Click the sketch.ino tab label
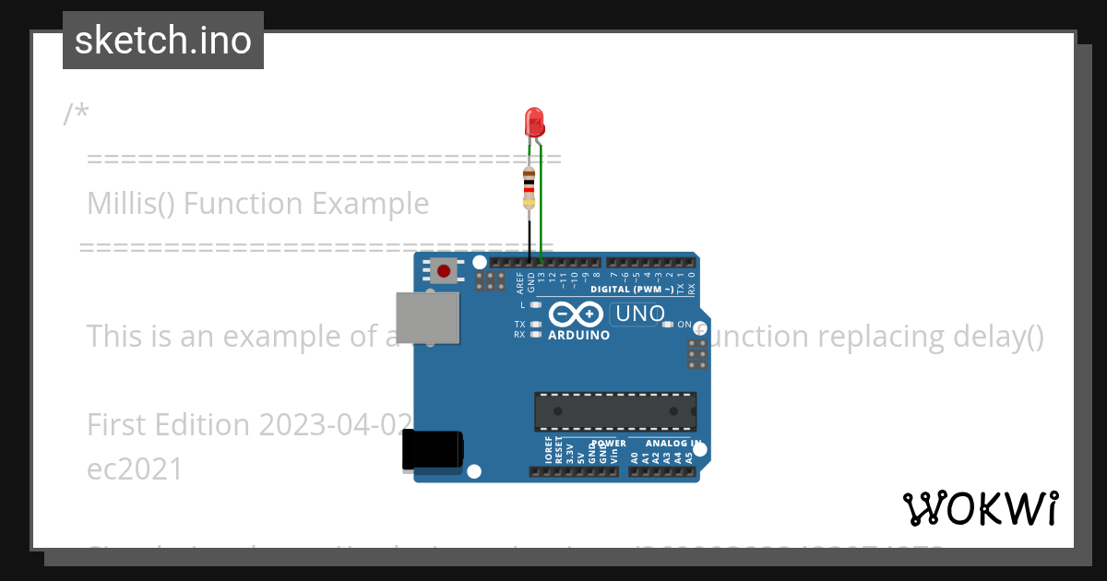pos(163,41)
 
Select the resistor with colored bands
pos(529,188)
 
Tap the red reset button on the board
pos(445,270)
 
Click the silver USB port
pos(426,317)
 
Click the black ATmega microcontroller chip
pos(615,411)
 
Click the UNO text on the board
pos(640,314)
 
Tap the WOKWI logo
pos(981,508)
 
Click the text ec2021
pos(135,468)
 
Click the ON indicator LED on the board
pos(668,325)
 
